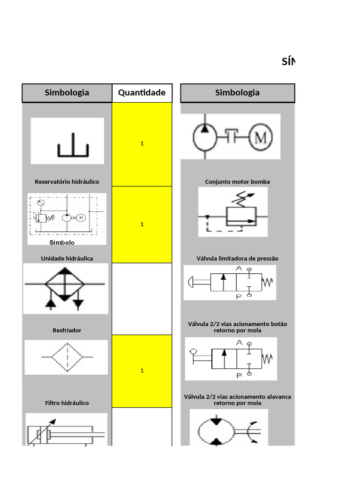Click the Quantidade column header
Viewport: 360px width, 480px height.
(x=142, y=93)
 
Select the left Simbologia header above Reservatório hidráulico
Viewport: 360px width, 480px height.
(x=67, y=93)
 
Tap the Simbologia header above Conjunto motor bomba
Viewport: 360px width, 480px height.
(x=237, y=93)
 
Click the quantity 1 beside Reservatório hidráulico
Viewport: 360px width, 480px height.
(x=142, y=143)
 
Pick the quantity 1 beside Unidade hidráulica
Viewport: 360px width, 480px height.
(x=142, y=225)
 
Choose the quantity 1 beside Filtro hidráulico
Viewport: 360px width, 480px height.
(x=142, y=371)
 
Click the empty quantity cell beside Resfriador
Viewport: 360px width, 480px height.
(x=142, y=299)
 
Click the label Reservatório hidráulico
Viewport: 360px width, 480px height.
(x=67, y=182)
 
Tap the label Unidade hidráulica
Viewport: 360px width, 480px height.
(x=67, y=259)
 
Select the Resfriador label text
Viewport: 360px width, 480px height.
(x=67, y=330)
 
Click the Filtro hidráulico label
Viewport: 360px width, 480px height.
(x=67, y=403)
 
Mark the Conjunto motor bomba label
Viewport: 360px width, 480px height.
(x=238, y=182)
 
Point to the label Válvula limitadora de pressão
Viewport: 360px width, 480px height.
(x=238, y=259)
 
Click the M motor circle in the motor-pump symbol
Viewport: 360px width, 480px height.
(x=261, y=137)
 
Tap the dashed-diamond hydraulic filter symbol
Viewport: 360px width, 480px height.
(x=67, y=357)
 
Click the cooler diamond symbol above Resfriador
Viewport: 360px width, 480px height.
(x=65, y=284)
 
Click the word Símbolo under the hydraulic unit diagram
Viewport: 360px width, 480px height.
(x=62, y=242)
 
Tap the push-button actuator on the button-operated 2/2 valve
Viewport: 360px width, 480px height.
(x=191, y=282)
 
